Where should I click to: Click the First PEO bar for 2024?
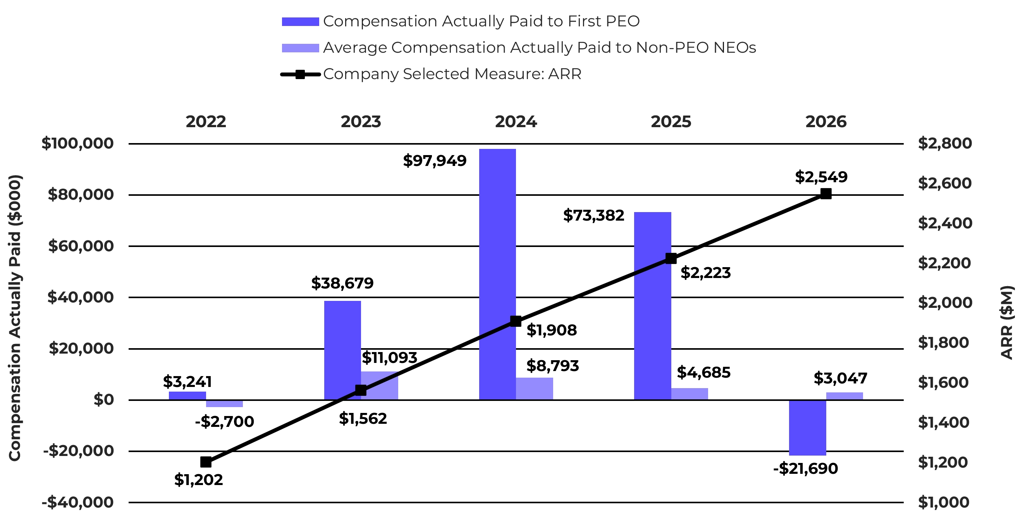[497, 275]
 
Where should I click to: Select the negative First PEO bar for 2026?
[807, 428]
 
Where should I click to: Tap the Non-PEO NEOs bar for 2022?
[224, 404]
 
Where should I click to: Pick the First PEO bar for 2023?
[343, 351]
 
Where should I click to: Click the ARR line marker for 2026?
[826, 193]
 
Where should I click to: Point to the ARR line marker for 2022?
[206, 462]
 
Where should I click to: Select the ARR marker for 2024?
[515, 321]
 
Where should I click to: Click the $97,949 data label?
[435, 161]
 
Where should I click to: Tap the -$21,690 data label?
[805, 469]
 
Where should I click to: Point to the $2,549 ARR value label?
[821, 177]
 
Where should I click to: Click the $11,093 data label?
[390, 357]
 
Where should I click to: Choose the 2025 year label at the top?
[671, 122]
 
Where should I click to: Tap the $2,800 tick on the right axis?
[945, 143]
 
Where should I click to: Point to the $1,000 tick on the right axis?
[944, 502]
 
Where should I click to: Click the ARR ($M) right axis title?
[1007, 322]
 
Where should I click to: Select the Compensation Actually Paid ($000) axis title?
[15, 318]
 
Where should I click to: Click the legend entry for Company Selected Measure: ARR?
[431, 74]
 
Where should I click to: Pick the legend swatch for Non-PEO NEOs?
[300, 48]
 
